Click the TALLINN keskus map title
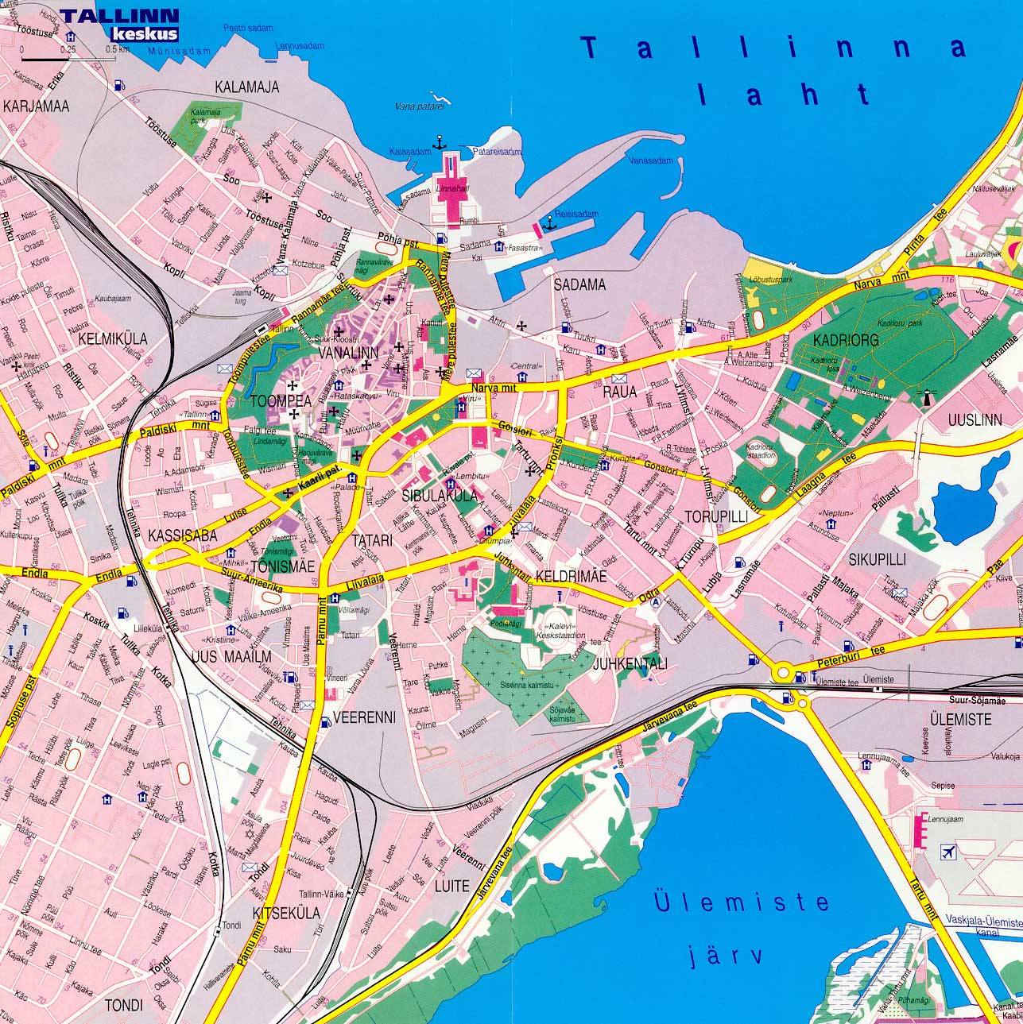[x=119, y=24]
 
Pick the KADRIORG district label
[x=845, y=339]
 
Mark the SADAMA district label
[x=579, y=284]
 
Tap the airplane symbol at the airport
[x=947, y=852]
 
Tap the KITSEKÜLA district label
[x=285, y=913]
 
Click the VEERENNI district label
[x=364, y=717]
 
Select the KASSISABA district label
[x=182, y=536]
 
